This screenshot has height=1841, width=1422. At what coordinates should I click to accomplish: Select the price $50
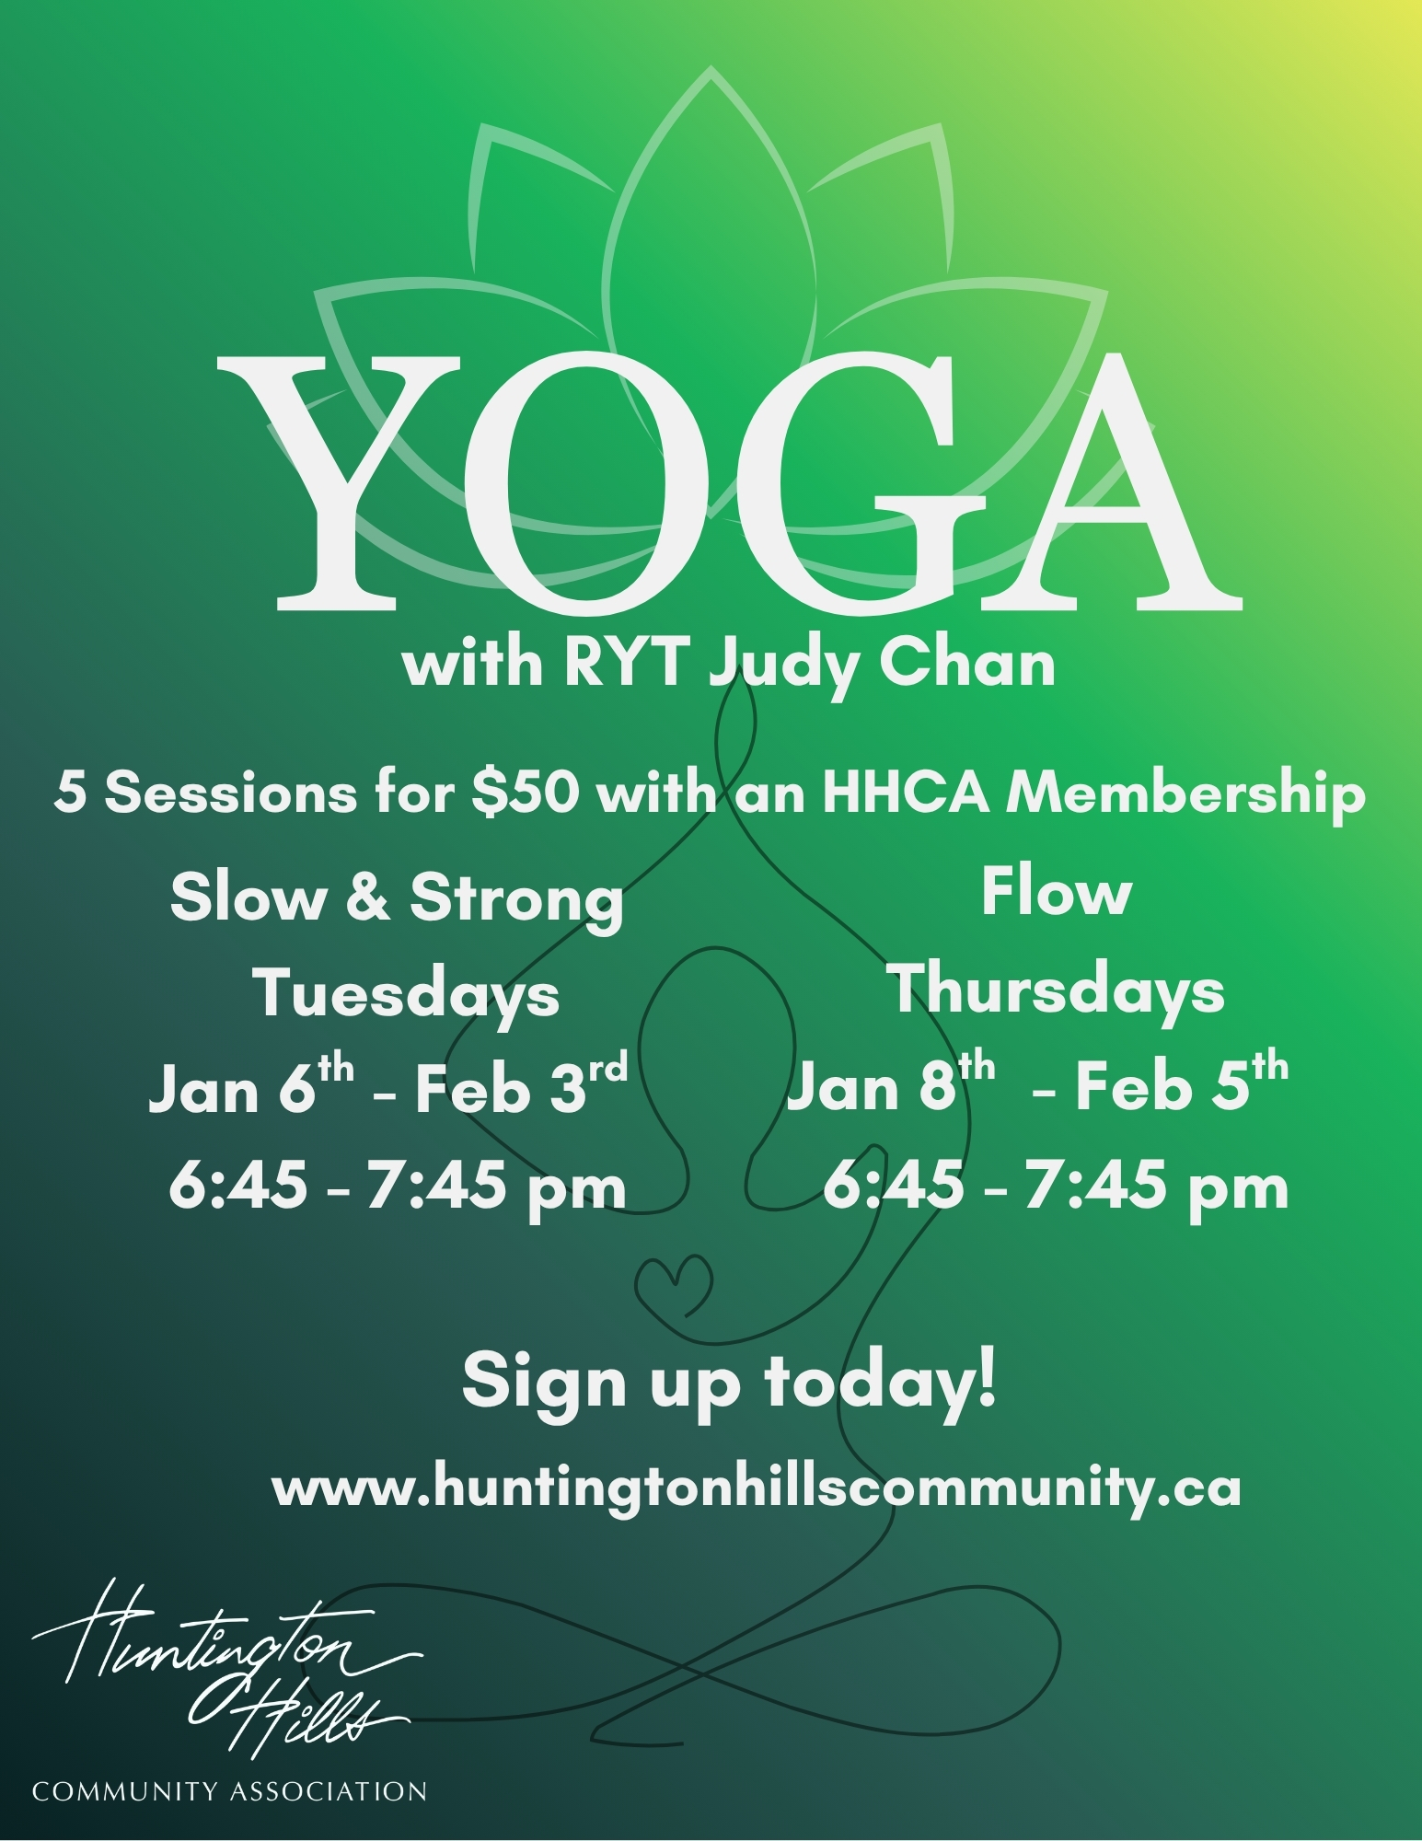tap(525, 792)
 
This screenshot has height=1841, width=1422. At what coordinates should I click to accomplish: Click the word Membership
tap(1185, 793)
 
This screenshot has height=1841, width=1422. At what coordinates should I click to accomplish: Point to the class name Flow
tap(1056, 892)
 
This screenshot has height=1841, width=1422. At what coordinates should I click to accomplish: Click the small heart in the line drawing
tap(675, 1286)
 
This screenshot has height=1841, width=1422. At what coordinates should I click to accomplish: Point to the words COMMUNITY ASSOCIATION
tap(229, 1791)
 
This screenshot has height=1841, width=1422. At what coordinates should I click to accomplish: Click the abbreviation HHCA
tap(906, 793)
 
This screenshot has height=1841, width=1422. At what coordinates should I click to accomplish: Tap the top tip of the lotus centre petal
tap(711, 66)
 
